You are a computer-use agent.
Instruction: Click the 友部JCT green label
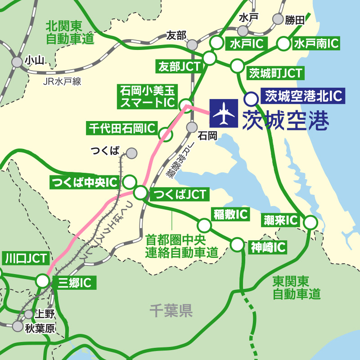(x=179, y=67)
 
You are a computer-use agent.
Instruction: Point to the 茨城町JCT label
(x=275, y=73)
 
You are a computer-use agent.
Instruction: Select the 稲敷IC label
(x=230, y=214)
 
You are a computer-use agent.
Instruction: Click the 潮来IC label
(x=281, y=220)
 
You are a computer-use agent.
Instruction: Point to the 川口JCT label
(x=26, y=258)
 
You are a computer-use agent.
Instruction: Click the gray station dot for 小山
(x=17, y=62)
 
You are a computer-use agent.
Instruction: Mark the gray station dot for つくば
(x=131, y=153)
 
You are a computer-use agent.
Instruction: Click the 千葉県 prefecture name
(x=171, y=310)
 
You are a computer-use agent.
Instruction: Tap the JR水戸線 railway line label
(x=61, y=81)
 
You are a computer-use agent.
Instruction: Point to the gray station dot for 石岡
(x=193, y=126)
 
